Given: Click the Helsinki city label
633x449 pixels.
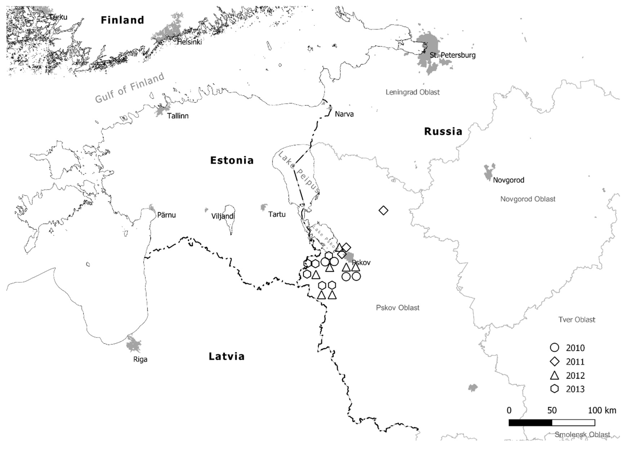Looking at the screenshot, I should [189, 42].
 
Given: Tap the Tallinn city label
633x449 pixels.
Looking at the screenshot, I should [178, 116].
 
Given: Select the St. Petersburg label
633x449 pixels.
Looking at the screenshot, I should [452, 55].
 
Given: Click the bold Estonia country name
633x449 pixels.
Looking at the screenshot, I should [232, 160].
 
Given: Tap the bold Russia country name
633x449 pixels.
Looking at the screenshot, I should [443, 132].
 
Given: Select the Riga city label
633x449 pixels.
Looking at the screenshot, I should [140, 359].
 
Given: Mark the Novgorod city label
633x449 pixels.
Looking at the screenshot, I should [509, 180].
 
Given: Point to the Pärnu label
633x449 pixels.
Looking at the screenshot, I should [166, 215].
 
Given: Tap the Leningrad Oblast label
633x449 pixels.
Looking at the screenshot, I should [412, 92].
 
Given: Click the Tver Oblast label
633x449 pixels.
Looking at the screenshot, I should [577, 320].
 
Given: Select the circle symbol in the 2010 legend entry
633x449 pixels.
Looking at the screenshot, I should [555, 348].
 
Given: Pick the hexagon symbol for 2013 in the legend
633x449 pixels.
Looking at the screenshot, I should [555, 389].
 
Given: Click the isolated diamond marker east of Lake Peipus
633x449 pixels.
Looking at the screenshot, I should [383, 210].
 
